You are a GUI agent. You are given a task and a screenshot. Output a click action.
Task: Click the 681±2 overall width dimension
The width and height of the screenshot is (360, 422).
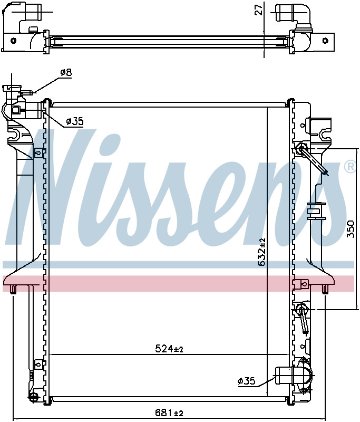[x=169, y=413]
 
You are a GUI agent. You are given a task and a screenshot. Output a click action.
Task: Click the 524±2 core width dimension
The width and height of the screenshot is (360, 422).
[x=169, y=349]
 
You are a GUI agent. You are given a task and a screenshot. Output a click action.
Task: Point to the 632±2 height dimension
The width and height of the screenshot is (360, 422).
[x=261, y=252]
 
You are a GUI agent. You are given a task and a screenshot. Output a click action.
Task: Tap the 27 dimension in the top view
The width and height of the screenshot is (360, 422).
[x=258, y=9]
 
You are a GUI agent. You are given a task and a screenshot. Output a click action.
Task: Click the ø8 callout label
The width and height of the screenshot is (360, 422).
[x=66, y=72]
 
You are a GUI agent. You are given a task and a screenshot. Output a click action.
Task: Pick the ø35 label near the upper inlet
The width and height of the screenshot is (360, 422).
[x=75, y=121]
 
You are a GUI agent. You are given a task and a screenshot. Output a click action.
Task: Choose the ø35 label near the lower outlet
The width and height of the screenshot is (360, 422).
[x=247, y=381]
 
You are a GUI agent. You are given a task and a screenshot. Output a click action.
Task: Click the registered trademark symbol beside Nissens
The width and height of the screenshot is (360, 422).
[x=350, y=167]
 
